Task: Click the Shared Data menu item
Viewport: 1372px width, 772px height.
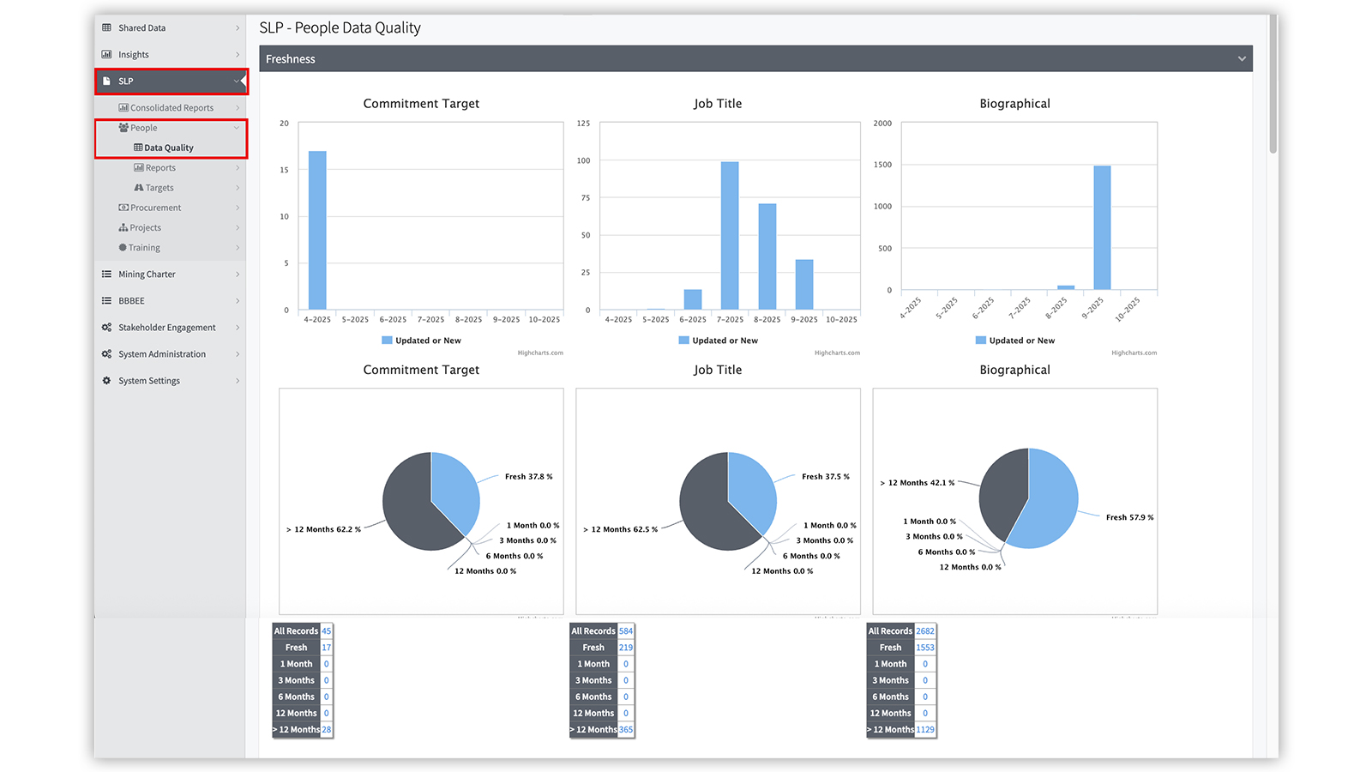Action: (141, 28)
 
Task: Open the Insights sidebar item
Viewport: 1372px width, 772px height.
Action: (134, 55)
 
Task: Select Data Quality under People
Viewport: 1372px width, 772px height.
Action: (169, 148)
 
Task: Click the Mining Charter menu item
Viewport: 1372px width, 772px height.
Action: (147, 274)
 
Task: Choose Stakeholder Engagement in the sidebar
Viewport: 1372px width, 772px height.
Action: (166, 328)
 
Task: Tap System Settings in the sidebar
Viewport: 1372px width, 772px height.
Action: (149, 381)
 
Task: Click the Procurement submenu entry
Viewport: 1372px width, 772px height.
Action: (155, 208)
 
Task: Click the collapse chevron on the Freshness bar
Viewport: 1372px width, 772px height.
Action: (1241, 59)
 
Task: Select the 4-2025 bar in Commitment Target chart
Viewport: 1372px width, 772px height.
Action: (317, 230)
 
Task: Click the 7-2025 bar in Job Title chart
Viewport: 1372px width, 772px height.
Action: (730, 235)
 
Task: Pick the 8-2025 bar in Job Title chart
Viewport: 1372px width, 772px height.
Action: (767, 256)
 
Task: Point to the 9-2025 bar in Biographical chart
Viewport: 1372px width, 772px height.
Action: (1102, 227)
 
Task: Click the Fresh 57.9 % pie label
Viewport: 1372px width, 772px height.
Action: (1129, 517)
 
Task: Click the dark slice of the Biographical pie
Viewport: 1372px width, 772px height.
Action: (1002, 493)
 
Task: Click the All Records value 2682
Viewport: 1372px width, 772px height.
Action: (924, 631)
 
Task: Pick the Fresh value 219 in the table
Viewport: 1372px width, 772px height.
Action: (626, 648)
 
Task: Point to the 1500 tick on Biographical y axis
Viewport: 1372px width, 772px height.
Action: (882, 165)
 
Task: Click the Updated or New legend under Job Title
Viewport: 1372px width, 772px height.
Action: (725, 341)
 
